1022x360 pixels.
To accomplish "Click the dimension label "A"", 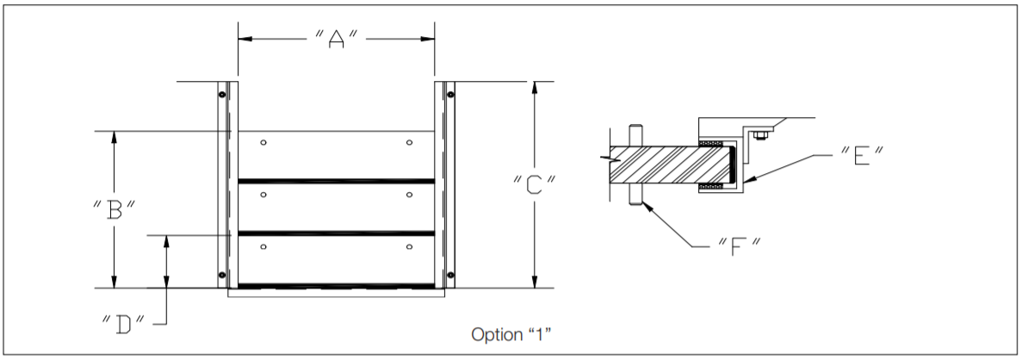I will pos(336,40).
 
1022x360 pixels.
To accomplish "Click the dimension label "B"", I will pos(115,209).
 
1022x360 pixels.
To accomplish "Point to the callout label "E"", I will pos(861,156).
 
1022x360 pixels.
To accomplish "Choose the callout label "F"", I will pos(737,245).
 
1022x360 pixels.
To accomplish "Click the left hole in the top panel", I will pos(264,142).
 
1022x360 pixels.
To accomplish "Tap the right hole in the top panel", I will pos(409,142).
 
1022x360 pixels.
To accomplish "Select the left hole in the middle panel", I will pos(264,196).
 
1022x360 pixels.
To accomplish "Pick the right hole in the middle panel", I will pos(409,196).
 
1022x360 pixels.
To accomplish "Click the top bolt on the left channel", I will pos(222,93).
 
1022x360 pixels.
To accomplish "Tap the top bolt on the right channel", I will pos(450,93).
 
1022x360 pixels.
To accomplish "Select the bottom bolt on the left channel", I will pos(222,275).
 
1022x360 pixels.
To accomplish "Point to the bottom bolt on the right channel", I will pos(450,275).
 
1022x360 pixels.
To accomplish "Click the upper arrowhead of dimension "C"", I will pos(535,87).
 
